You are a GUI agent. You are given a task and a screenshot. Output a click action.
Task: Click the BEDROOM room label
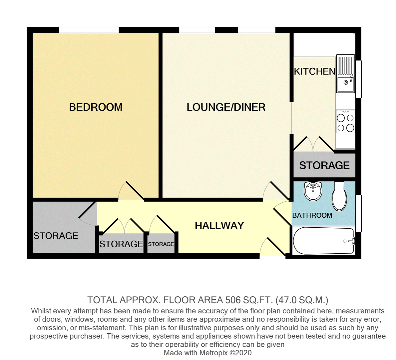pos(96,107)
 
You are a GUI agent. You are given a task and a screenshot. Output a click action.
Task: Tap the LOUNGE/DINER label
pos(226,107)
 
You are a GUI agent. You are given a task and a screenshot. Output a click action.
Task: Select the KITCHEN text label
pos(314,71)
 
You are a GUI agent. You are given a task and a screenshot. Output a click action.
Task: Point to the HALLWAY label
pos(219,226)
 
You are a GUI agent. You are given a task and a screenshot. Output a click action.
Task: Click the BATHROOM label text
pos(312,215)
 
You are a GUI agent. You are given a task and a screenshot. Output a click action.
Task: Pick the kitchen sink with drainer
pos(345,74)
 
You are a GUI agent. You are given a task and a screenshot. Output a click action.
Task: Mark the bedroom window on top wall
pos(89,30)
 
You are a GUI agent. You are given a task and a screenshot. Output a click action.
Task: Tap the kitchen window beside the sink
pos(358,79)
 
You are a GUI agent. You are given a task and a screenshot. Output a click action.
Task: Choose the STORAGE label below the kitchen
pos(324,165)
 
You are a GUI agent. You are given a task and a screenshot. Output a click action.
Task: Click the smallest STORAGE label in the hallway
pos(161,244)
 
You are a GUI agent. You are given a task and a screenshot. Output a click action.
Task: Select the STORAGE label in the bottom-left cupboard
pos(56,236)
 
